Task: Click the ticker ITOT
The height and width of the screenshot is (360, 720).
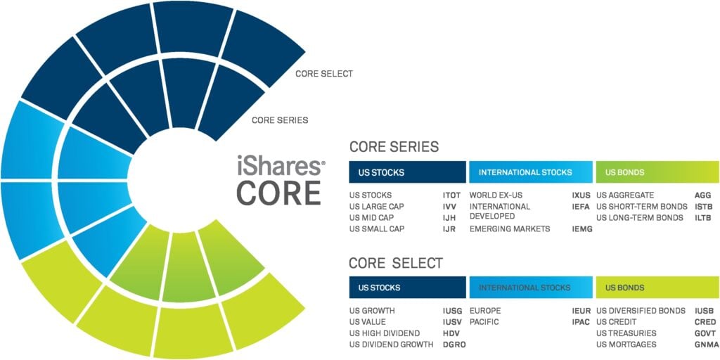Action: [x=451, y=195]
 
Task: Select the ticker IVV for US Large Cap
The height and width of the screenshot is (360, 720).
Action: [x=449, y=207]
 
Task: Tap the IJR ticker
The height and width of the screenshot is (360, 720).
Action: [x=449, y=229]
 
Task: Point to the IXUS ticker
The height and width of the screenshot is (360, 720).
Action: [x=582, y=195]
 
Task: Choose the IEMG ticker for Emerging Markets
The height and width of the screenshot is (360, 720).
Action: [x=582, y=229]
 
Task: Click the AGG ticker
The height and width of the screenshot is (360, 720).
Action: [x=703, y=195]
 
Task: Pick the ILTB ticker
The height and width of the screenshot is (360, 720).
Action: [x=703, y=218]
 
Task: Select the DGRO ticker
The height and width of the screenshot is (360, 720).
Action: [x=454, y=345]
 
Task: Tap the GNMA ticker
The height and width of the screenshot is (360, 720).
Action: [x=705, y=345]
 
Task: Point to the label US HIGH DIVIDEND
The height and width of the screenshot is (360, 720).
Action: [x=384, y=333]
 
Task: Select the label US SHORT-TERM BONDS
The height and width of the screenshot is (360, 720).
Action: [x=641, y=207]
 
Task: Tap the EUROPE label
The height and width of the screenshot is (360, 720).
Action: [x=484, y=311]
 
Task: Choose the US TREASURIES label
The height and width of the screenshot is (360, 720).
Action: [x=626, y=333]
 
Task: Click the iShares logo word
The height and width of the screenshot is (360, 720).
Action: [x=281, y=167]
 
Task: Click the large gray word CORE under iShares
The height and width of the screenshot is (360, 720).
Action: [x=279, y=192]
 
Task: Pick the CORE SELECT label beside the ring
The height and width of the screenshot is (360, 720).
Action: [x=323, y=74]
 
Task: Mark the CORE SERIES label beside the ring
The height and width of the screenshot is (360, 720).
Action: [x=280, y=120]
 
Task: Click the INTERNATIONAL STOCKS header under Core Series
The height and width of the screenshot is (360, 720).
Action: [x=525, y=172]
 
